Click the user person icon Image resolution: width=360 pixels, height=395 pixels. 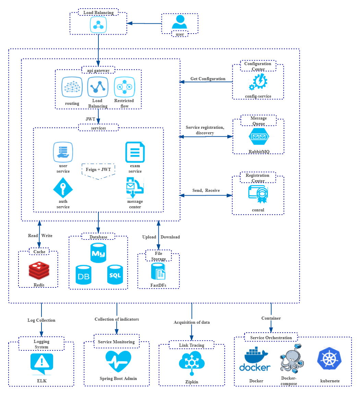click(179, 23)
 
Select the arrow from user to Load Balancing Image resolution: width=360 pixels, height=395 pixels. click(144, 23)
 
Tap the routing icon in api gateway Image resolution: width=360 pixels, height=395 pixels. click(72, 87)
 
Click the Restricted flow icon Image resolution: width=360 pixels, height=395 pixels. click(124, 87)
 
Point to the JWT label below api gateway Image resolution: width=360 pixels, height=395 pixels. click(91, 119)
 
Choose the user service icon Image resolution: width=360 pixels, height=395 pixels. click(63, 152)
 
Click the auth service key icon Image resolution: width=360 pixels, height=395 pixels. click(63, 188)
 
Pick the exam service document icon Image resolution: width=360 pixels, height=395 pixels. click(135, 152)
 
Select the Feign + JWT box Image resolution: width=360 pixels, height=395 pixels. click(98, 170)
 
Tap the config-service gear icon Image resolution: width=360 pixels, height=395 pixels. click(258, 82)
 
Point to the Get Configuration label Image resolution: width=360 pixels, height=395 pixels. click(208, 79)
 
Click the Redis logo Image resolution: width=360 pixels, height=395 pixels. click(39, 271)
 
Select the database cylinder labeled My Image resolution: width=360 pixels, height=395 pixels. click(98, 253)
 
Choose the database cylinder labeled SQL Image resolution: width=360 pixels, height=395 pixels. click(115, 274)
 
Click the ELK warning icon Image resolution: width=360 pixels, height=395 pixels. click(42, 363)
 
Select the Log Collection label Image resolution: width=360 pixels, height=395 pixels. click(41, 320)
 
